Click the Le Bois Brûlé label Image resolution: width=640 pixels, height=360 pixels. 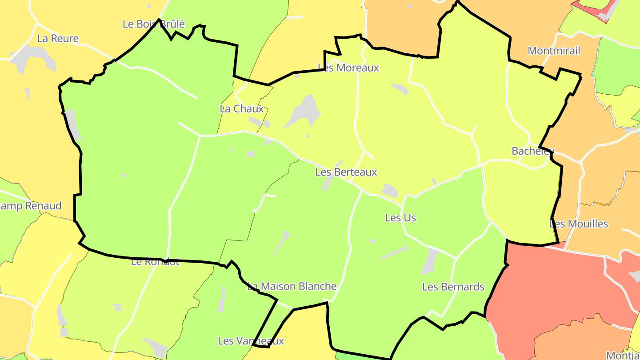pyautogui.click(x=153, y=24)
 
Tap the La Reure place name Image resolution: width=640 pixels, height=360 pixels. pyautogui.click(x=58, y=38)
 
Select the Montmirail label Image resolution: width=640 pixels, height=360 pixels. pyautogui.click(x=554, y=51)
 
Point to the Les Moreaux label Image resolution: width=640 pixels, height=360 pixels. pyautogui.click(x=348, y=68)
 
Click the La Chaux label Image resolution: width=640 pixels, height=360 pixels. pyautogui.click(x=242, y=108)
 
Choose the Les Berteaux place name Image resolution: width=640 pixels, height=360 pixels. pyautogui.click(x=346, y=172)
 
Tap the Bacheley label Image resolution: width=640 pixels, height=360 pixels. pyautogui.click(x=533, y=151)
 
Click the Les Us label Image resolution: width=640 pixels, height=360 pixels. pyautogui.click(x=400, y=217)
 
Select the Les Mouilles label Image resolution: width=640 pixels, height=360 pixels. pyautogui.click(x=579, y=224)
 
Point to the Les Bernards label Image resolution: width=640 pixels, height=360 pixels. pyautogui.click(x=453, y=287)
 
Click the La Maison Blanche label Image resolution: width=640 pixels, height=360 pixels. pyautogui.click(x=292, y=286)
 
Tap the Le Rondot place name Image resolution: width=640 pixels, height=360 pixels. pyautogui.click(x=155, y=262)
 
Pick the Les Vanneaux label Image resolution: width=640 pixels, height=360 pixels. pyautogui.click(x=251, y=341)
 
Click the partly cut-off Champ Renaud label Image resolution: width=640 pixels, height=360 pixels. pyautogui.click(x=30, y=206)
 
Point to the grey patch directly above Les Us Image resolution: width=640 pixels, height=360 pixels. pyautogui.click(x=390, y=190)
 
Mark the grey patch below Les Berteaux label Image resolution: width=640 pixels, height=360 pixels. pyautogui.click(x=329, y=181)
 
